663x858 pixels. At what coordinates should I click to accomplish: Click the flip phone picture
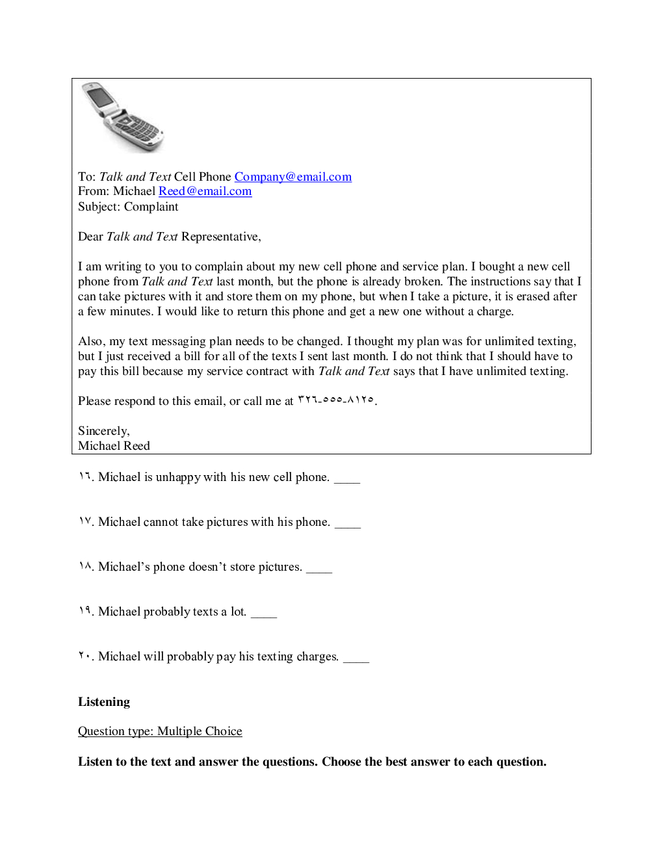[122, 117]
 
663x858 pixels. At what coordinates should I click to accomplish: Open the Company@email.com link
[292, 177]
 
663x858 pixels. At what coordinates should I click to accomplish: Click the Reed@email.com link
[205, 191]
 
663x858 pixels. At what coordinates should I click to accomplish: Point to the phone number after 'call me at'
[336, 400]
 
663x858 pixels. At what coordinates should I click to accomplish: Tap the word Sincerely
[103, 431]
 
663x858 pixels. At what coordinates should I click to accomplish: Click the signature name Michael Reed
[114, 446]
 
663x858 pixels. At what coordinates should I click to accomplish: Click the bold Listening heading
[104, 702]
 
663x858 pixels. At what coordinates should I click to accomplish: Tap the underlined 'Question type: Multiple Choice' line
[160, 731]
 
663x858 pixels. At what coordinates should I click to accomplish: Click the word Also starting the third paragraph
[90, 341]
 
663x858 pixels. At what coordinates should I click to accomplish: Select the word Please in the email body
[94, 401]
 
